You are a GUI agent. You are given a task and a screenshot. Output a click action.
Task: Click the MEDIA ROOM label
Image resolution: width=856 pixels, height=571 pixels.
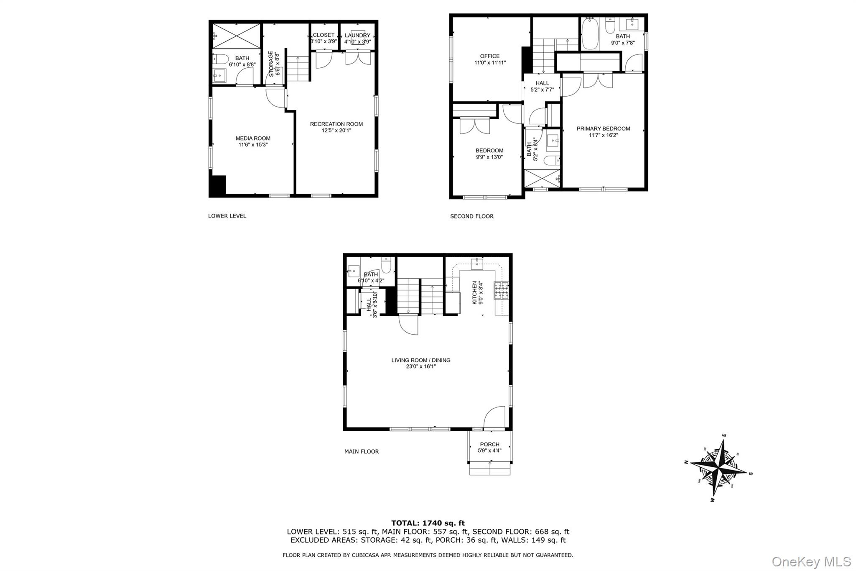coord(253,138)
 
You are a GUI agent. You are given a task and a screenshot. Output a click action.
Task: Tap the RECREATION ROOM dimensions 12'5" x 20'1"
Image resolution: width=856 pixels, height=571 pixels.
coord(336,131)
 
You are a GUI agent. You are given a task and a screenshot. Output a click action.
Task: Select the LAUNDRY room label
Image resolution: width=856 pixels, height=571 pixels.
coord(357,36)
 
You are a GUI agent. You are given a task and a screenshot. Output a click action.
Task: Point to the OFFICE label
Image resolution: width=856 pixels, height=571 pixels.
coord(489,56)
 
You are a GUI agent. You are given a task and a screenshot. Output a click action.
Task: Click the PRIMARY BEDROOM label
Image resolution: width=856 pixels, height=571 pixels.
coord(603,128)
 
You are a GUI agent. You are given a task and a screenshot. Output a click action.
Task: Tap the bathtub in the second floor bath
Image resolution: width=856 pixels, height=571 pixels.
coord(590,33)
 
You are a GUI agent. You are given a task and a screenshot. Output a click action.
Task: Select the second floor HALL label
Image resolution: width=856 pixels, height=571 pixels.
coord(542,83)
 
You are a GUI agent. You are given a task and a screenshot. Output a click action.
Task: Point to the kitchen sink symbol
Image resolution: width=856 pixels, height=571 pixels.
coord(477,263)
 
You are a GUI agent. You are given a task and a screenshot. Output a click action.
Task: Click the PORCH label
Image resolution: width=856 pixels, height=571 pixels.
coord(489,444)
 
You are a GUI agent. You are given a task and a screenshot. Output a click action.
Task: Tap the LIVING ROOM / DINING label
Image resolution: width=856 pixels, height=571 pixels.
coord(420,360)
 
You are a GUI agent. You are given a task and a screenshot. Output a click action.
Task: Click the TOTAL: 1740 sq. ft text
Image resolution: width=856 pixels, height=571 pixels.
coord(428,523)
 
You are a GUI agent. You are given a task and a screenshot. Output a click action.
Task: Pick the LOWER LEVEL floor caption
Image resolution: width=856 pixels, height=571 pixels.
coord(227,216)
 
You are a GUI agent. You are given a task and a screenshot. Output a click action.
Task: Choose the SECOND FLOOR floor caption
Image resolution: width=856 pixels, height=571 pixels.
coord(471,216)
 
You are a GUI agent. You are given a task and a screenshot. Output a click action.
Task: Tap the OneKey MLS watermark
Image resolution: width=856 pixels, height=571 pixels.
coord(811,561)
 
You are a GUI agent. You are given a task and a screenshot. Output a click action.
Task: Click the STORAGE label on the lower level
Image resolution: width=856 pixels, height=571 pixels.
coord(271,64)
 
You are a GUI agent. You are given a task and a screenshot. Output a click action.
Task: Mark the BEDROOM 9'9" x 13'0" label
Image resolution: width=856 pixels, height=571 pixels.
coord(489,151)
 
